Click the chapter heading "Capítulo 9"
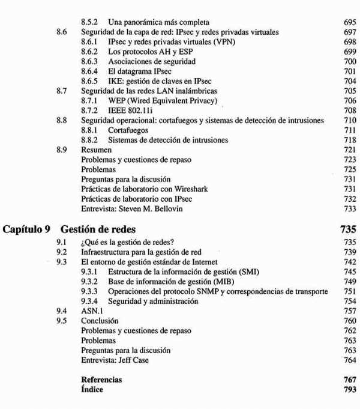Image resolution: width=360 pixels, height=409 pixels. [x=28, y=229]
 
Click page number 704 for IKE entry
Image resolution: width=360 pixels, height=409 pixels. [x=350, y=80]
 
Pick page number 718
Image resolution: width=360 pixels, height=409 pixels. [x=350, y=139]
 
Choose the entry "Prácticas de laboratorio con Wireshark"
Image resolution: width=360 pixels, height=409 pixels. [x=145, y=189]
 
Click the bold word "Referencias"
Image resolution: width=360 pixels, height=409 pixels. [x=101, y=380]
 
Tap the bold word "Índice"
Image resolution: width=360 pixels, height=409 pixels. [x=92, y=389]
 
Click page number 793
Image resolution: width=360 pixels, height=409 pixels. [x=350, y=389]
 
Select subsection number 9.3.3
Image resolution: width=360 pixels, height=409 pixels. [x=89, y=291]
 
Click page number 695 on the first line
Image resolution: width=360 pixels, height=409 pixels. [x=350, y=22]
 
